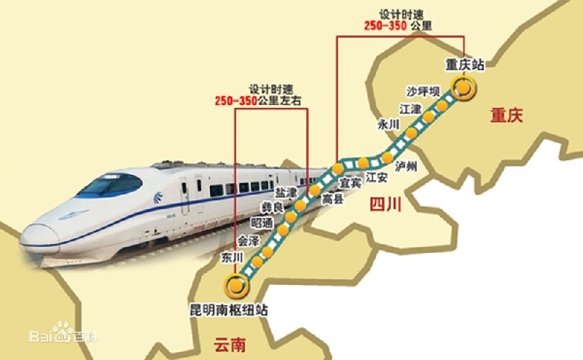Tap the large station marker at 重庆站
click(463, 88)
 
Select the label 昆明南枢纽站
click(227, 309)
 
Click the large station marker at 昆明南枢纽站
click(235, 283)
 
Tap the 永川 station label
click(388, 125)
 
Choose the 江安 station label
click(377, 176)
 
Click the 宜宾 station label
click(351, 183)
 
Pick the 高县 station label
click(332, 197)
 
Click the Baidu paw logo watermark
click(62, 336)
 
